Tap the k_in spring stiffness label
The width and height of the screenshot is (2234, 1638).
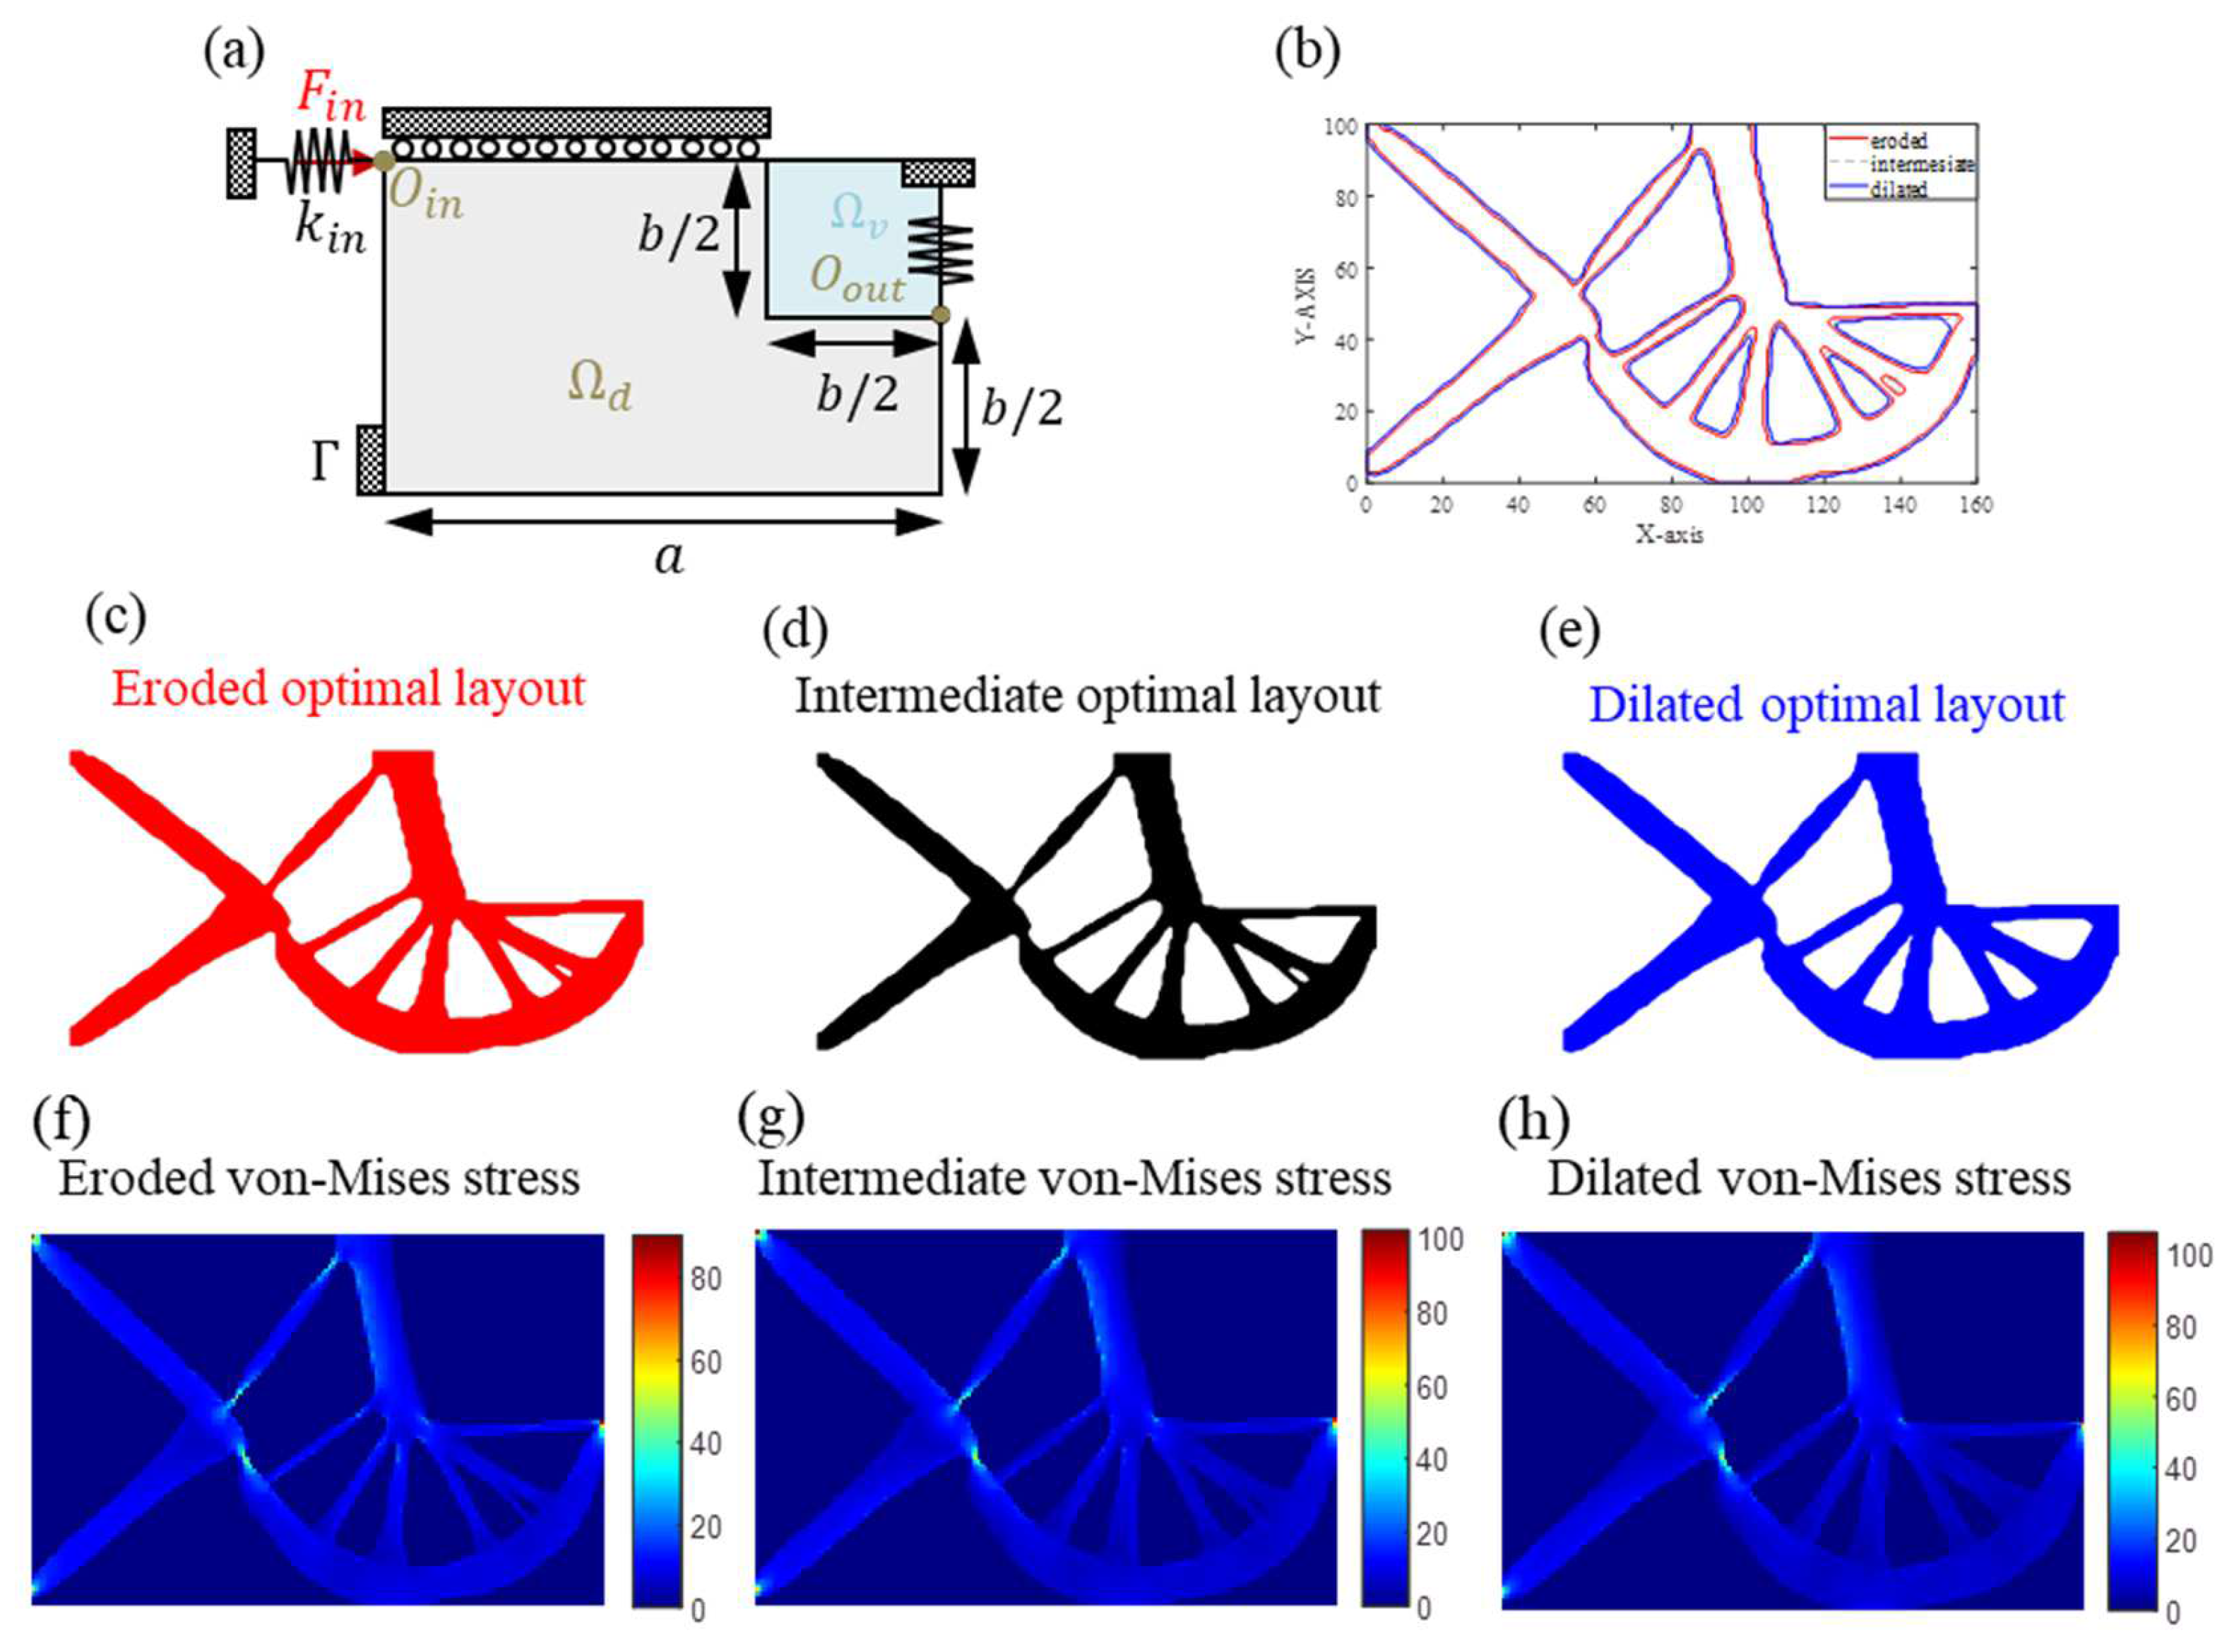331,232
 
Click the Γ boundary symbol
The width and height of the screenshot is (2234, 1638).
324,462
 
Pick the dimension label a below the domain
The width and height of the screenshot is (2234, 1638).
670,558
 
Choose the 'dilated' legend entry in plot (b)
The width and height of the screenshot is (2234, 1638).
1898,189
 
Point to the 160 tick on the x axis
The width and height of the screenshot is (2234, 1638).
1975,506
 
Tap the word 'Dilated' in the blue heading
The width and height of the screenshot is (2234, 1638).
1666,705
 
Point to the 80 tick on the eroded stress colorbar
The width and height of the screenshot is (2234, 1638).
706,1279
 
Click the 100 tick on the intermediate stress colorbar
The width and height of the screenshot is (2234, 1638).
1441,1240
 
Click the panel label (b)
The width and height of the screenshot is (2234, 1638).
1307,52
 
